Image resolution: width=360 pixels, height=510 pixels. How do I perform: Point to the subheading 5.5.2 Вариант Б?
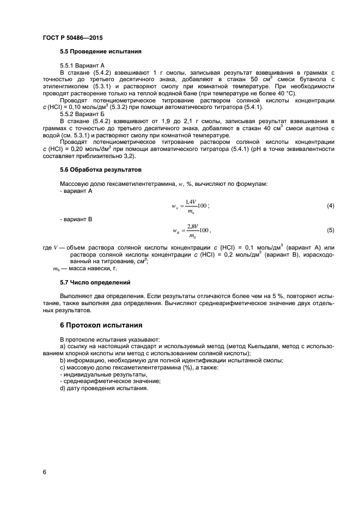tap(78, 114)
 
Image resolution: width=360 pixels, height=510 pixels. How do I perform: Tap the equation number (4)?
tap(330, 206)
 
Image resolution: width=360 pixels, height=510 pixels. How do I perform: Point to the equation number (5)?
tap(330, 230)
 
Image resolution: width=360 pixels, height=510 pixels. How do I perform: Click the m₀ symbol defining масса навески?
tap(56, 269)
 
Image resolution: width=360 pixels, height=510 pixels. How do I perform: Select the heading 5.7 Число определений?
tap(95, 283)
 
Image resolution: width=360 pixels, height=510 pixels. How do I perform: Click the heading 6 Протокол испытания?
tap(101, 325)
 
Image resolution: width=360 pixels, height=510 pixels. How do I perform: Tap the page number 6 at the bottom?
tap(44, 471)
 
